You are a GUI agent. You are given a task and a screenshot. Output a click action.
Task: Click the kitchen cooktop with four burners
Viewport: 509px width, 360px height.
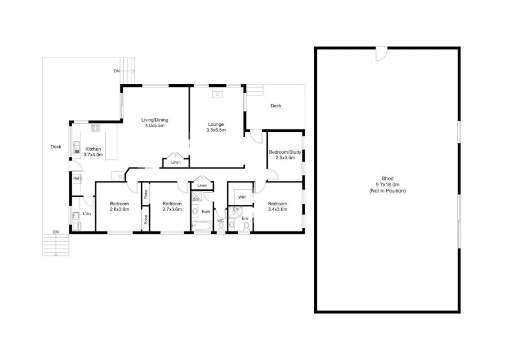96,127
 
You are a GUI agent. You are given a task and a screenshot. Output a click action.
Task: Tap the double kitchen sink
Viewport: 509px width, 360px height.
76,147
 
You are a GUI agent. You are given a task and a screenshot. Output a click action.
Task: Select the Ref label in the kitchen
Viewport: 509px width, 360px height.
76,179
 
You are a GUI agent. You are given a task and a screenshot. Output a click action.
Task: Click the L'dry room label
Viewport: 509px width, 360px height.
87,214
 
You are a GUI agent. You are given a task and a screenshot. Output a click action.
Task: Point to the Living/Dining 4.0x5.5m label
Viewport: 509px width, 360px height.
154,123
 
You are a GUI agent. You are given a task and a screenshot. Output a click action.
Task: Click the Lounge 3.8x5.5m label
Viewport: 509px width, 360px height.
216,127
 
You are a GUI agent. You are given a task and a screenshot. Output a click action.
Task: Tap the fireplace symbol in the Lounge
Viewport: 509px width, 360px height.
217,95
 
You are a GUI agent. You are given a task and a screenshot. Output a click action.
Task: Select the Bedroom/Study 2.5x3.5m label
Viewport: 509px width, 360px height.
284,155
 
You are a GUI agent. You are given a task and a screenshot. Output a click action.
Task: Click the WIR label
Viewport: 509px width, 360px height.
242,197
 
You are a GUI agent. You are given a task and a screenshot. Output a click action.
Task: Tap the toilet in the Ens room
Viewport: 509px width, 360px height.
246,227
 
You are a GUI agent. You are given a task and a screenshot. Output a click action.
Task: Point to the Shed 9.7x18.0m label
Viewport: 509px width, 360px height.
387,185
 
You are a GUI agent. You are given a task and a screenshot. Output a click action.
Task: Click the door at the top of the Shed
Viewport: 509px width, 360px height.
381,53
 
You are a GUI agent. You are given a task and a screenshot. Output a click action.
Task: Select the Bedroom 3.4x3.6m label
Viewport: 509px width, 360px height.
277,206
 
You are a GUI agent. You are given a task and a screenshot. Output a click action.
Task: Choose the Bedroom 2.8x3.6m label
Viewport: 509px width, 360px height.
120,206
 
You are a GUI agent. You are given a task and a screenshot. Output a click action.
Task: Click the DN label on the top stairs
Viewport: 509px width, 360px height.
117,71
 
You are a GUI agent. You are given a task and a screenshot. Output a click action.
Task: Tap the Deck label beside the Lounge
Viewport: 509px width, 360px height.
275,106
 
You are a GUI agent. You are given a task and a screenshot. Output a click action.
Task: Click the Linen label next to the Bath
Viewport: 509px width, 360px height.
202,186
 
